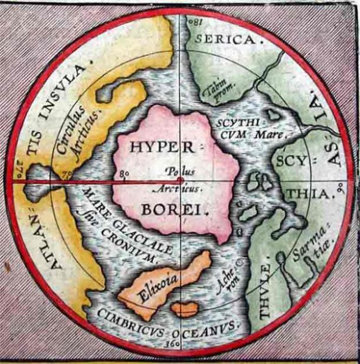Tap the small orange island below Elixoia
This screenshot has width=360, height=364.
pyautogui.click(x=185, y=309)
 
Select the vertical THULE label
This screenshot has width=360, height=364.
pyautogui.click(x=264, y=290)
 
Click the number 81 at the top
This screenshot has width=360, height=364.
pyautogui.click(x=194, y=23)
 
